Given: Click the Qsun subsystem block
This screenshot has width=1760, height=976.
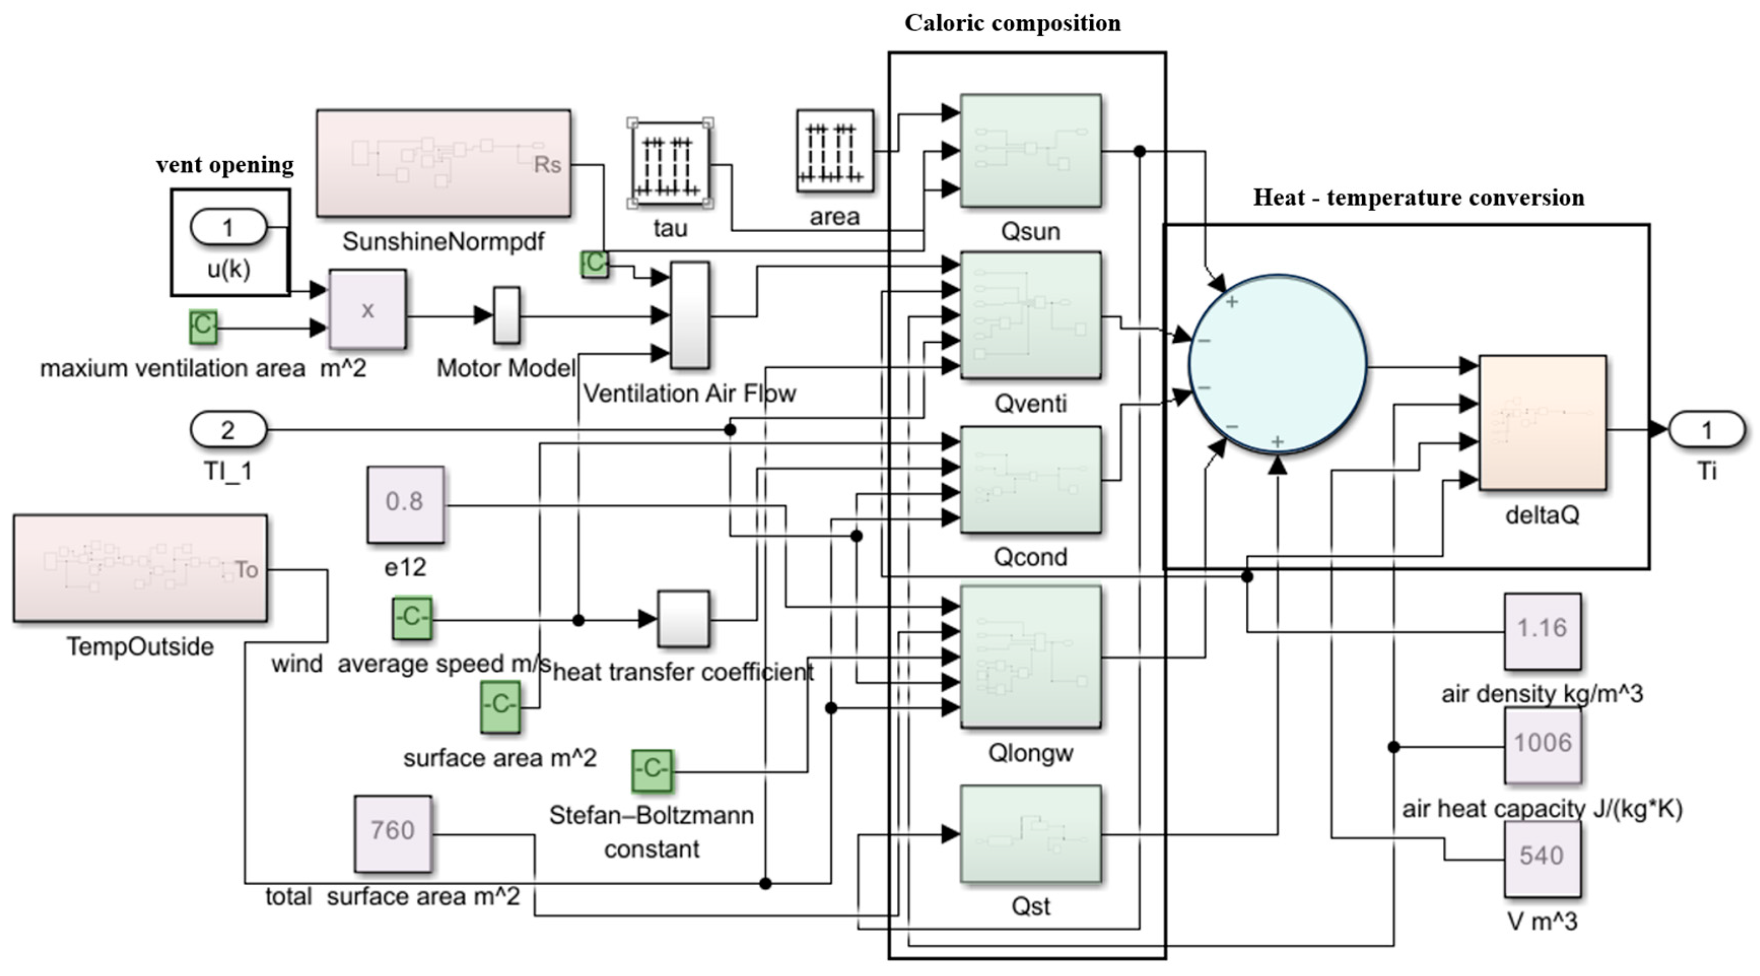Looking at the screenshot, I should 1030,150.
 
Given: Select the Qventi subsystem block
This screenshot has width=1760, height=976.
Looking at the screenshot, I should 1030,315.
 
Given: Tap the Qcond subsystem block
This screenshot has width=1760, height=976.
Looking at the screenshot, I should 1030,480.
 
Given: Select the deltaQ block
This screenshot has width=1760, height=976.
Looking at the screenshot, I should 1542,422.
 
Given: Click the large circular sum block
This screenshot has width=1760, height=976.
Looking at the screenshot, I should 1278,364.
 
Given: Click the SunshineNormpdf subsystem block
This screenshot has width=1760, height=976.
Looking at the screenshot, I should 443,163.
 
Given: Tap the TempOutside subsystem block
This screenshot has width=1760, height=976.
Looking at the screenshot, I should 140,568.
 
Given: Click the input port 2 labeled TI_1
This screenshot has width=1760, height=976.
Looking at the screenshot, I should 228,429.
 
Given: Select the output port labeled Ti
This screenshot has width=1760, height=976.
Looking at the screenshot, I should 1706,429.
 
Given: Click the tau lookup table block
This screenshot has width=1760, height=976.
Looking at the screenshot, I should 670,164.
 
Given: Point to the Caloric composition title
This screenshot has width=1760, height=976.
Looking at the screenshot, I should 1012,23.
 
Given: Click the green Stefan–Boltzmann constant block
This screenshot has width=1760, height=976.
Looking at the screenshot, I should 652,771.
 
